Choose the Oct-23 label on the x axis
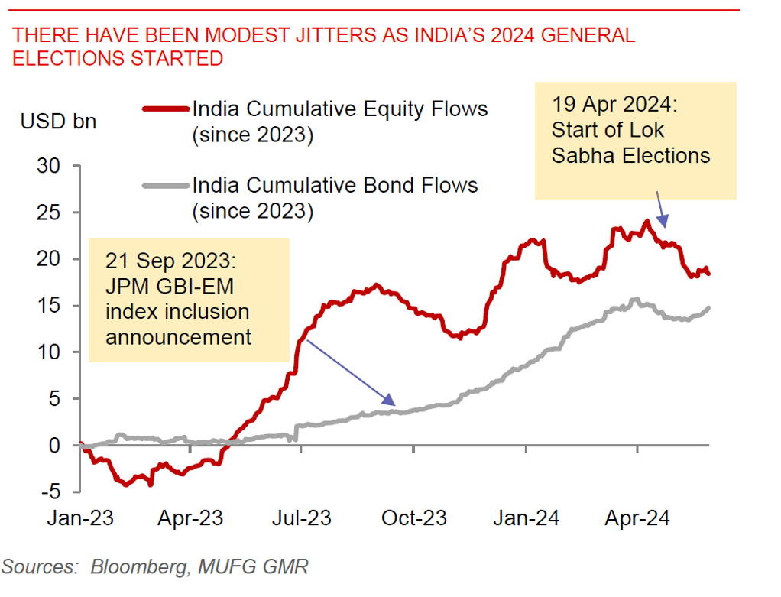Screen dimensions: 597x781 413,518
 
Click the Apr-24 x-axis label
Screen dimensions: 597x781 637,518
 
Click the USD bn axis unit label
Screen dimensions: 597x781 59,121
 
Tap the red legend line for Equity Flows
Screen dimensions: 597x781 165,109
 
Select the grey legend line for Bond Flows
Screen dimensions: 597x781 165,185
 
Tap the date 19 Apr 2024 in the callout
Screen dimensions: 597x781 612,105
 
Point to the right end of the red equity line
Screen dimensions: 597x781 708,274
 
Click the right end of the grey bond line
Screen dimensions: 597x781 709,308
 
